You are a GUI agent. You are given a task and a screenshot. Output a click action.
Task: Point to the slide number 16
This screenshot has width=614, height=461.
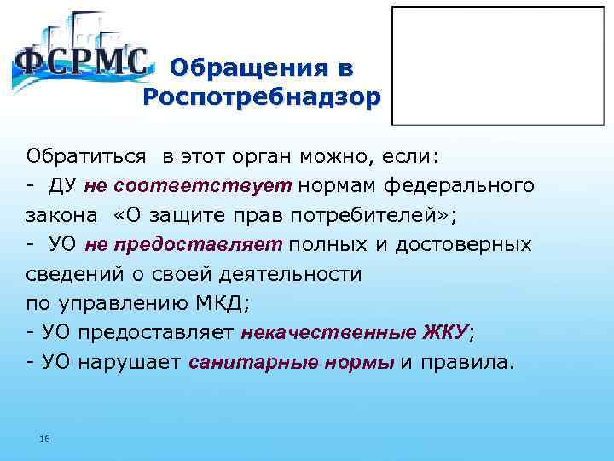[x=44, y=438]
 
